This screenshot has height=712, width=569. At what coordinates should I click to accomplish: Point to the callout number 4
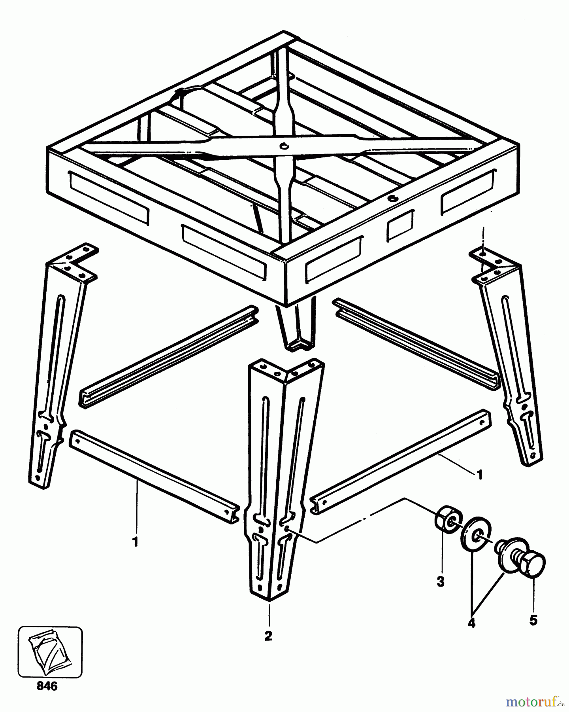[471, 623]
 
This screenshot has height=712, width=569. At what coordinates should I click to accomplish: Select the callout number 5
[533, 620]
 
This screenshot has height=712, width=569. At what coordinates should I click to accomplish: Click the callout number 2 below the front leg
[269, 636]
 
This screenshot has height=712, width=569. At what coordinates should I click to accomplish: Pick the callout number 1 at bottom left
[136, 542]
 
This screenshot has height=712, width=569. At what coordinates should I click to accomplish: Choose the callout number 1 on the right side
[480, 475]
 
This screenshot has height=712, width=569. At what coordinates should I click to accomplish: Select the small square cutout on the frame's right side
[400, 225]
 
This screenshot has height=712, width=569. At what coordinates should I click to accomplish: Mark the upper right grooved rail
[416, 343]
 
